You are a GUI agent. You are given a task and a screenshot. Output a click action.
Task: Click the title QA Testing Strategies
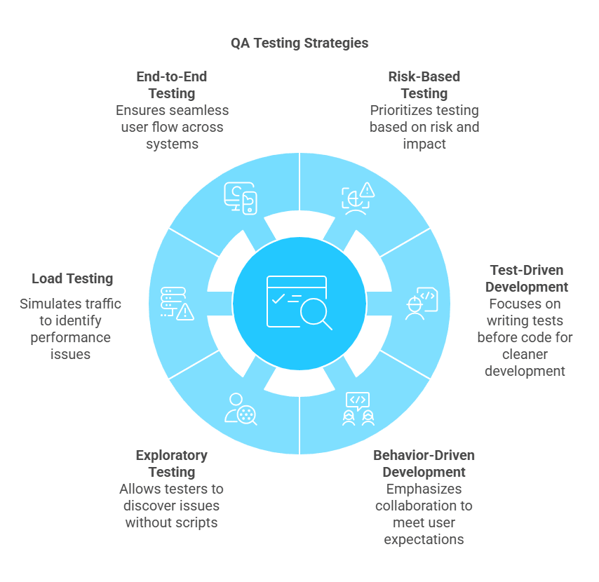pyautogui.click(x=299, y=43)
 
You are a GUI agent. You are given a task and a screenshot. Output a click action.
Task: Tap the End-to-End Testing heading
pyautogui.click(x=172, y=85)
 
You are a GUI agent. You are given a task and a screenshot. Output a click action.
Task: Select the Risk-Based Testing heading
pyautogui.click(x=424, y=85)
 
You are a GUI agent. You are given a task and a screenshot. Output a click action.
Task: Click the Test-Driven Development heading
pyautogui.click(x=527, y=278)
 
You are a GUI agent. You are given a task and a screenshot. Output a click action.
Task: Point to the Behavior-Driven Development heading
pyautogui.click(x=424, y=463)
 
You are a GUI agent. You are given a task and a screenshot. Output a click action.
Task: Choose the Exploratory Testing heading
pyautogui.click(x=172, y=463)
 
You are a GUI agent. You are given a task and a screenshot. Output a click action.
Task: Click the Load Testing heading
pyautogui.click(x=72, y=278)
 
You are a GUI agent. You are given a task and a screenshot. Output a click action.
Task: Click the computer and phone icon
pyautogui.click(x=240, y=198)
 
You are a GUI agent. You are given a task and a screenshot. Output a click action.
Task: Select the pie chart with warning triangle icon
pyautogui.click(x=358, y=197)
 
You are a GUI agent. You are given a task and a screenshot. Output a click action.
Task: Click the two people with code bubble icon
pyautogui.click(x=358, y=409)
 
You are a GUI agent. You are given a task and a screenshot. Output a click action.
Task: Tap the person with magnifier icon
pyautogui.click(x=241, y=409)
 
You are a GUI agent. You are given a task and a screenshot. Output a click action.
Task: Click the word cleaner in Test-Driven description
pyautogui.click(x=527, y=354)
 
